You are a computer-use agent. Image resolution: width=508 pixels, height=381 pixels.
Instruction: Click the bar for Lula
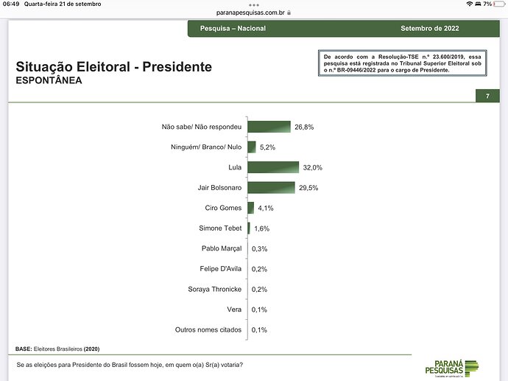273,167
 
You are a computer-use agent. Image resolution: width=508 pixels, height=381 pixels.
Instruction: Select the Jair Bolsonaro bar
271,187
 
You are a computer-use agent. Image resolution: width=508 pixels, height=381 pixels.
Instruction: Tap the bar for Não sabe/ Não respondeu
269,127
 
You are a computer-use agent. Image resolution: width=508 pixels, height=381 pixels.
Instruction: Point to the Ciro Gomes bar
251,208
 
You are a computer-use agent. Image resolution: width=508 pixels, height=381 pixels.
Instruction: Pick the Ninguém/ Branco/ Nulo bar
252,147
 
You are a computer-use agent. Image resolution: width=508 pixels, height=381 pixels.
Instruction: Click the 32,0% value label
312,167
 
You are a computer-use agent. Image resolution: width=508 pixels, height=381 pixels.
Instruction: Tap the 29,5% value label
308,188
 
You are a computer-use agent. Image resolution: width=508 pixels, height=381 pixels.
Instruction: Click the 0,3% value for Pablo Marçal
259,248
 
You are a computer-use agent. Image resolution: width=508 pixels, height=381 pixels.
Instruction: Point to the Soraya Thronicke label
215,289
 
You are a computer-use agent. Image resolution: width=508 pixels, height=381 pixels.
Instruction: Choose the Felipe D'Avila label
221,269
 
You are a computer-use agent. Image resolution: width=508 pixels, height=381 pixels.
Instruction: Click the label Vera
234,310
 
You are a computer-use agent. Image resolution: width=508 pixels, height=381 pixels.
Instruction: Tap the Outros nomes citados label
208,329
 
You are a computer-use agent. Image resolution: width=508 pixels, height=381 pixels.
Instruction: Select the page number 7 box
487,97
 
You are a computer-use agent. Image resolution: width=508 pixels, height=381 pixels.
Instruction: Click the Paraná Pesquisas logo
451,365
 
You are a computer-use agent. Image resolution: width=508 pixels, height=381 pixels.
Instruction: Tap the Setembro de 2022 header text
430,29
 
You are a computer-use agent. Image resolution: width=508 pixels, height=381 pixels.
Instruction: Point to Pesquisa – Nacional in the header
233,29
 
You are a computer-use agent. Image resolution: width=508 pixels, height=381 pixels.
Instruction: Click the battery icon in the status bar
497,4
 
